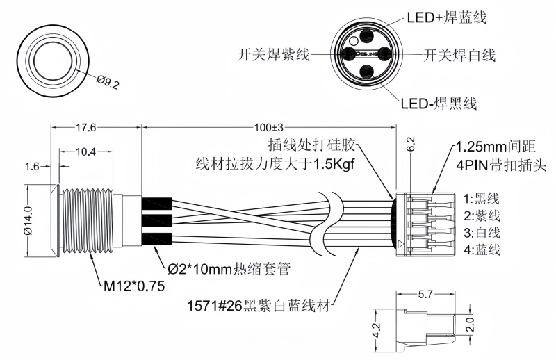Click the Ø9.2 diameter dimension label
coord(108,83)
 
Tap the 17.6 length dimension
coord(85,128)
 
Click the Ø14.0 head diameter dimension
coord(28,220)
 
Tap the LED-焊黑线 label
coord(439,104)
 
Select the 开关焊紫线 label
coord(272,54)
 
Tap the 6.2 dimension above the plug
coord(410,145)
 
